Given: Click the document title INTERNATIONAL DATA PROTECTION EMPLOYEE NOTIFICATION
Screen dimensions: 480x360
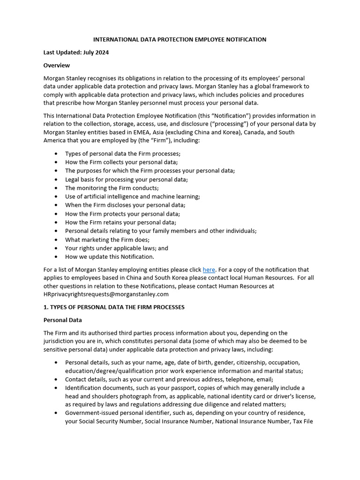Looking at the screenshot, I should click(x=180, y=39).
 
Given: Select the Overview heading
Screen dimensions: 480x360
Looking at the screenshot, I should click(x=57, y=65).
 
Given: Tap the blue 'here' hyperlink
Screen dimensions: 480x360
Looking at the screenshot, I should click(x=209, y=270).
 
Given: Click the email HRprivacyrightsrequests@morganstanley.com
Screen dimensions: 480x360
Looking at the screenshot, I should click(x=106, y=294).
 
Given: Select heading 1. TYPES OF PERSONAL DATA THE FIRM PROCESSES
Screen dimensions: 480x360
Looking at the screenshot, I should click(x=114, y=307).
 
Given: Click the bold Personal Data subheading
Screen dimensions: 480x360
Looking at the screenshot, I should click(x=63, y=320).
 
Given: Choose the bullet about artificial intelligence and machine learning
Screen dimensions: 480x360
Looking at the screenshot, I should click(x=132, y=196).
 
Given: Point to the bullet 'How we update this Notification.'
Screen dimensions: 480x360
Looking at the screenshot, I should click(x=109, y=256).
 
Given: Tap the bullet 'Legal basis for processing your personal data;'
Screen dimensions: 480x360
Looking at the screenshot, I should click(x=126, y=180).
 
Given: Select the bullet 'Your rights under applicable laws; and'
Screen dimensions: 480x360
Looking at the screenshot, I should click(x=116, y=248).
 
